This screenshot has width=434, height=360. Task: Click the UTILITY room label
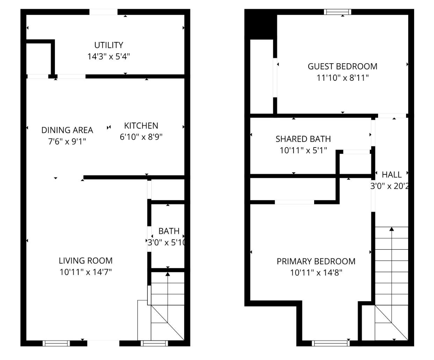[109, 45]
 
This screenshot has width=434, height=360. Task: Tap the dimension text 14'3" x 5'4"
[109, 56]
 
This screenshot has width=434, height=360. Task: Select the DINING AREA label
[67, 130]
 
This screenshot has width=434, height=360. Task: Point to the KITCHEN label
[141, 125]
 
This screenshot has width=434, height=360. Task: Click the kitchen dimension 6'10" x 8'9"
[141, 137]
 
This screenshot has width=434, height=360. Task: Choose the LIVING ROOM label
[86, 260]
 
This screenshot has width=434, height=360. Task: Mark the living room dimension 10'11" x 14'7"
[86, 272]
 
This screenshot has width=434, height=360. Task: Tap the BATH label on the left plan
[169, 231]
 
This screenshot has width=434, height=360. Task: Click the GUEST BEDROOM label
[342, 66]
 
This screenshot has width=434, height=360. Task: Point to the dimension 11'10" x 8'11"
[342, 78]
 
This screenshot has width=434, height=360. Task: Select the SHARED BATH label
[303, 139]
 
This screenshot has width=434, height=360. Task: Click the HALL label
[391, 174]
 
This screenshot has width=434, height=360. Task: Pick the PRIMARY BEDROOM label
[316, 261]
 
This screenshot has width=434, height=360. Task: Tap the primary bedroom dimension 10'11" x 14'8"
[316, 273]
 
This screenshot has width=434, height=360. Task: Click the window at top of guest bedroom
[337, 12]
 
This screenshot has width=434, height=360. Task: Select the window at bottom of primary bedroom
[330, 343]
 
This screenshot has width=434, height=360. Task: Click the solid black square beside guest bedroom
[260, 24]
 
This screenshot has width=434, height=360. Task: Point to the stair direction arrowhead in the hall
[392, 229]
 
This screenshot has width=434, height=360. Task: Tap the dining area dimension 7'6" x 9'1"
[67, 141]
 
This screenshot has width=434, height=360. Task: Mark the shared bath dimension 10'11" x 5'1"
[303, 150]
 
